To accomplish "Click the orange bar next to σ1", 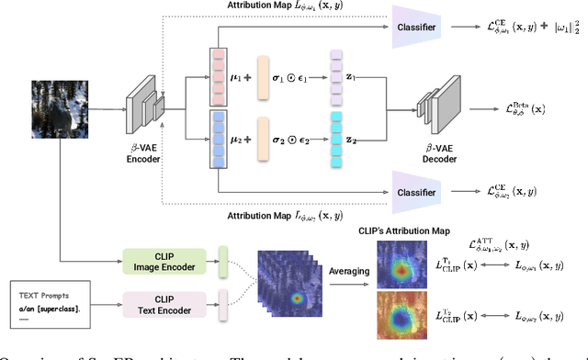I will (x=265, y=76).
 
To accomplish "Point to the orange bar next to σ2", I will (x=265, y=141).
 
